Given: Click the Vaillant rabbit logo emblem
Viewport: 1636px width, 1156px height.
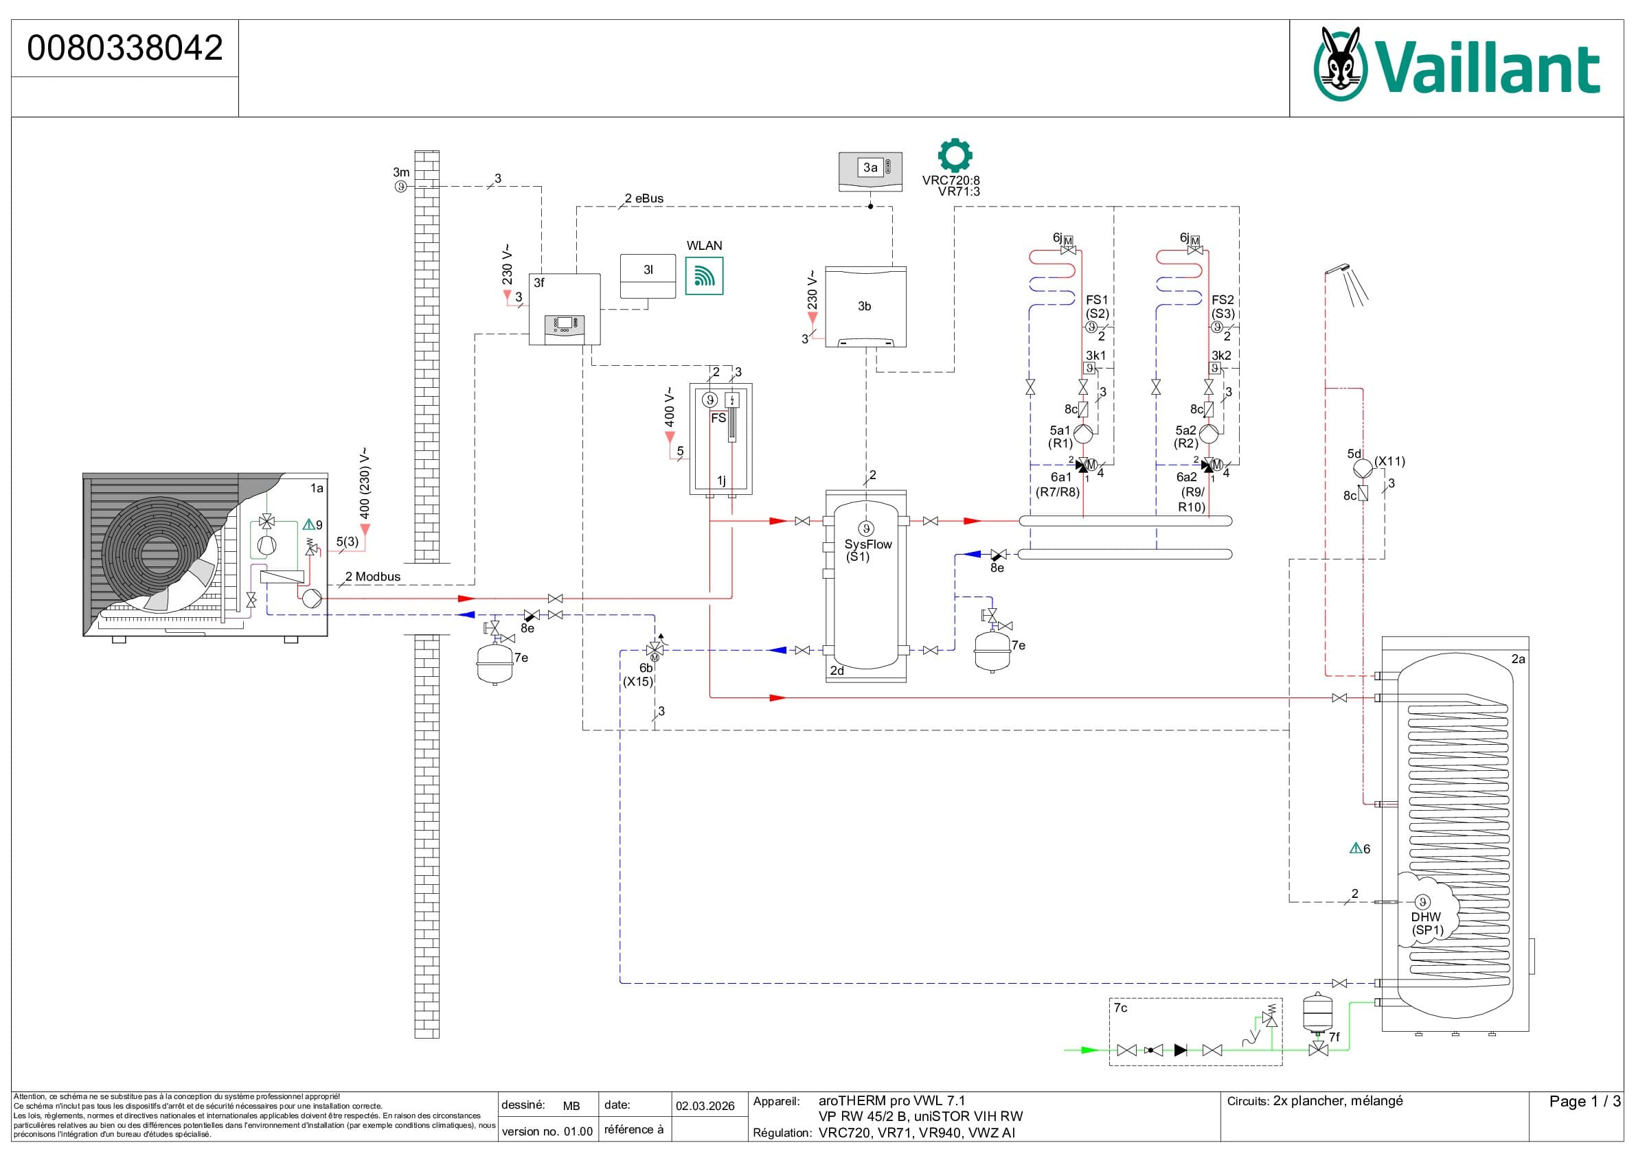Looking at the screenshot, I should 1340,64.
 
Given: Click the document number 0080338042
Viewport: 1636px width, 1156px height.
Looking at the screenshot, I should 125,49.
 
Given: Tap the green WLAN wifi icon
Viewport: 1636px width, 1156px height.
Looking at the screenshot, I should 704,276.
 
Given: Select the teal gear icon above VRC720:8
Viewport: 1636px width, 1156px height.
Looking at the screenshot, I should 954,155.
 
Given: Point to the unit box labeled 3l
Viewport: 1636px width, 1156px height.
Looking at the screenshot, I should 648,276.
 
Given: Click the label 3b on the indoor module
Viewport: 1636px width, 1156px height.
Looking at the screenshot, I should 864,306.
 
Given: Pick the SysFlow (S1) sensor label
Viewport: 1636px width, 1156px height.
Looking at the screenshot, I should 867,549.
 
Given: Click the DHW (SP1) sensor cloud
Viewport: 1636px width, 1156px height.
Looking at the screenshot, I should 1425,918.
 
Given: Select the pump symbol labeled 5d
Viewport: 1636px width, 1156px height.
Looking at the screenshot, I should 1363,469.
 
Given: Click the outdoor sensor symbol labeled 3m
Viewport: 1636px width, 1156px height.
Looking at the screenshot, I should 401,187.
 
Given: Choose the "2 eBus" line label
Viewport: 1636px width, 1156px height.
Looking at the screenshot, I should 644,198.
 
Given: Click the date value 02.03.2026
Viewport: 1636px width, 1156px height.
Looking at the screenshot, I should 705,1105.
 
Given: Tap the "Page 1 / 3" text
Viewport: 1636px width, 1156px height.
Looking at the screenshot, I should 1584,1101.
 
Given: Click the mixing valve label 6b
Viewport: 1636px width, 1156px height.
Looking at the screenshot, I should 646,668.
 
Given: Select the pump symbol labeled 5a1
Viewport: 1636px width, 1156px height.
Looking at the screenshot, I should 1083,434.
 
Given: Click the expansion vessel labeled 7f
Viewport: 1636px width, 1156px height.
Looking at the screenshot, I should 1317,1011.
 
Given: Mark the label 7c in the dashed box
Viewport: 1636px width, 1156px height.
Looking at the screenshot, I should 1120,1008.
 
